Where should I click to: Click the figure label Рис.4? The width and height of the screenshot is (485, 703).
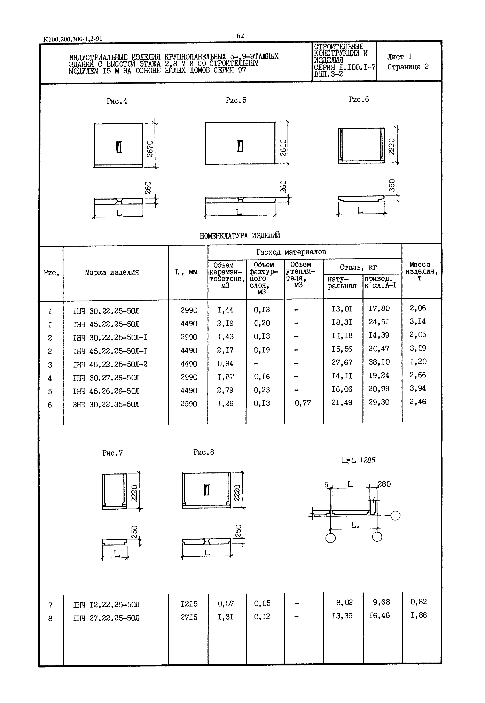[x=117, y=101]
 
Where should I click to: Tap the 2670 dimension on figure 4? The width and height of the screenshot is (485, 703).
[x=150, y=149]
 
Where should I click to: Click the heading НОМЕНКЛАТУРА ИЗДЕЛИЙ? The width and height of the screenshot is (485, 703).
[x=240, y=235]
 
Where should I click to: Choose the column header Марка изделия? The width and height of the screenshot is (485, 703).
[x=112, y=272]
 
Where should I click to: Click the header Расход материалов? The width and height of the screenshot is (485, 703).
[x=291, y=252]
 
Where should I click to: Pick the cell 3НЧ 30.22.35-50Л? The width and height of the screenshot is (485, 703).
[x=106, y=404]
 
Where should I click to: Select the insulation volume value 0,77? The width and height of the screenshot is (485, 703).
[x=303, y=403]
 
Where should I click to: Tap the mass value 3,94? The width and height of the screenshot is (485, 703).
[x=418, y=388]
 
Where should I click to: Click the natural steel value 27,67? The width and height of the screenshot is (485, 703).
[x=342, y=362]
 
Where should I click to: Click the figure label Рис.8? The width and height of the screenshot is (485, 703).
[x=204, y=453]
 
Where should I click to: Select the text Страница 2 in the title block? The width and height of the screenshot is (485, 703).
[x=408, y=67]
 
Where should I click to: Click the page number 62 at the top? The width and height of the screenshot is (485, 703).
[x=240, y=36]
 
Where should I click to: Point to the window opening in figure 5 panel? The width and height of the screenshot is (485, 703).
[x=240, y=146]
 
